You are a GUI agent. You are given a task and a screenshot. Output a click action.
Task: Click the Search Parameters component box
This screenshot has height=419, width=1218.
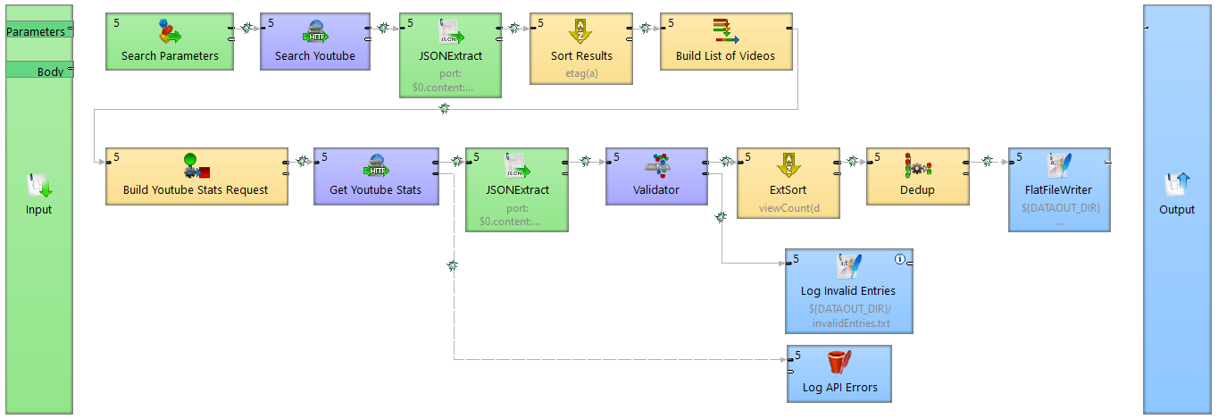pos(170,42)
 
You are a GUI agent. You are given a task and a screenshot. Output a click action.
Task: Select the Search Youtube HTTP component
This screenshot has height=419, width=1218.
pos(314,42)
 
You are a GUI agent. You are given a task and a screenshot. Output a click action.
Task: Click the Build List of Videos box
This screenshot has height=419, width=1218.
pos(725,42)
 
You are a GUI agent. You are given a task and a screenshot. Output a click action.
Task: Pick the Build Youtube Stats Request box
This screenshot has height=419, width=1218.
pos(196,176)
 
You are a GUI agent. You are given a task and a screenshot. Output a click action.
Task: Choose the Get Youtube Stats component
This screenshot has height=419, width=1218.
pos(376,176)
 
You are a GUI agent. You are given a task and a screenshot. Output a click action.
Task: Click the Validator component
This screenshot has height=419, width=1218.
pos(656,176)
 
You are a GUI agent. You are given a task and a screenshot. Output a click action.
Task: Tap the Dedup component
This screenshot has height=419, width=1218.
pos(917,176)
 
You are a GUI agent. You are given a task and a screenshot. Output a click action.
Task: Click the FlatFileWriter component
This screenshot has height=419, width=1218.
pos(1059,189)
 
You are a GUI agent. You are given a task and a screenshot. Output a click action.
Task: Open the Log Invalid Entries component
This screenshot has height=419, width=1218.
pos(848,290)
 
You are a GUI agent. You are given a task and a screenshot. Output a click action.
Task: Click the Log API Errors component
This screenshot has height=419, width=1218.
pos(838,373)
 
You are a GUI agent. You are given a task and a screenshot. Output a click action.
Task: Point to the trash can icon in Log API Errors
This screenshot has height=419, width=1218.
pos(838,362)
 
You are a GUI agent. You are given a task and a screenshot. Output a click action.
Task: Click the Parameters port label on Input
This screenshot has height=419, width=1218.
pos(36,32)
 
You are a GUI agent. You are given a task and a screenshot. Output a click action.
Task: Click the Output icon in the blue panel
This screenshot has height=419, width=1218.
pos(1176,185)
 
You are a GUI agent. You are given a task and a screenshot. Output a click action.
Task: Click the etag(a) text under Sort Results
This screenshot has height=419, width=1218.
pos(581,73)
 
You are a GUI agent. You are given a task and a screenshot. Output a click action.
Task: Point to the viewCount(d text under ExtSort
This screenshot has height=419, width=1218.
pos(788,207)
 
